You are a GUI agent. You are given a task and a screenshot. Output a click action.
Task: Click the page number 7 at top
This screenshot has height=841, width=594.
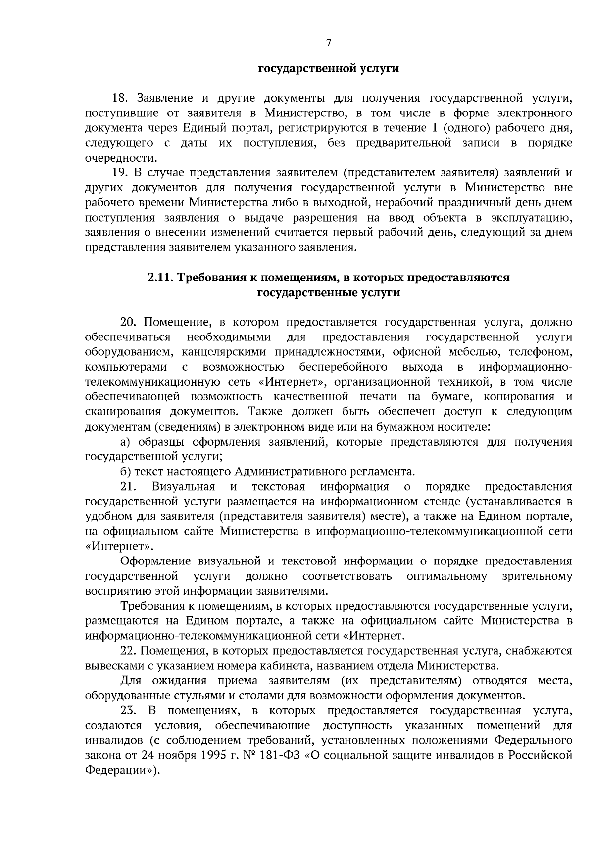point(329,43)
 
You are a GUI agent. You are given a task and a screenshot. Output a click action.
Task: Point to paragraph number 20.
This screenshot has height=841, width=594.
point(128,322)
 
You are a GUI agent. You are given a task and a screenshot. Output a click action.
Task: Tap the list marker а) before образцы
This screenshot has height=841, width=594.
point(126,442)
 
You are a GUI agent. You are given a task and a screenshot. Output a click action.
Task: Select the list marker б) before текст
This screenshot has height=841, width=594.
point(126,471)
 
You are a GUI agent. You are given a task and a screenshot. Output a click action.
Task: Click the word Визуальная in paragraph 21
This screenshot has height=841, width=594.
point(183,486)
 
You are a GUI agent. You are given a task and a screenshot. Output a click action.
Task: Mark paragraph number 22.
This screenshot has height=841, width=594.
point(128,651)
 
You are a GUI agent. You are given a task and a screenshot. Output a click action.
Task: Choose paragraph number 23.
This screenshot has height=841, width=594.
point(128,711)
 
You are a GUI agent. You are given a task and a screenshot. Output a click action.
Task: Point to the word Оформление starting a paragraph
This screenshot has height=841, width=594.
point(156,561)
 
